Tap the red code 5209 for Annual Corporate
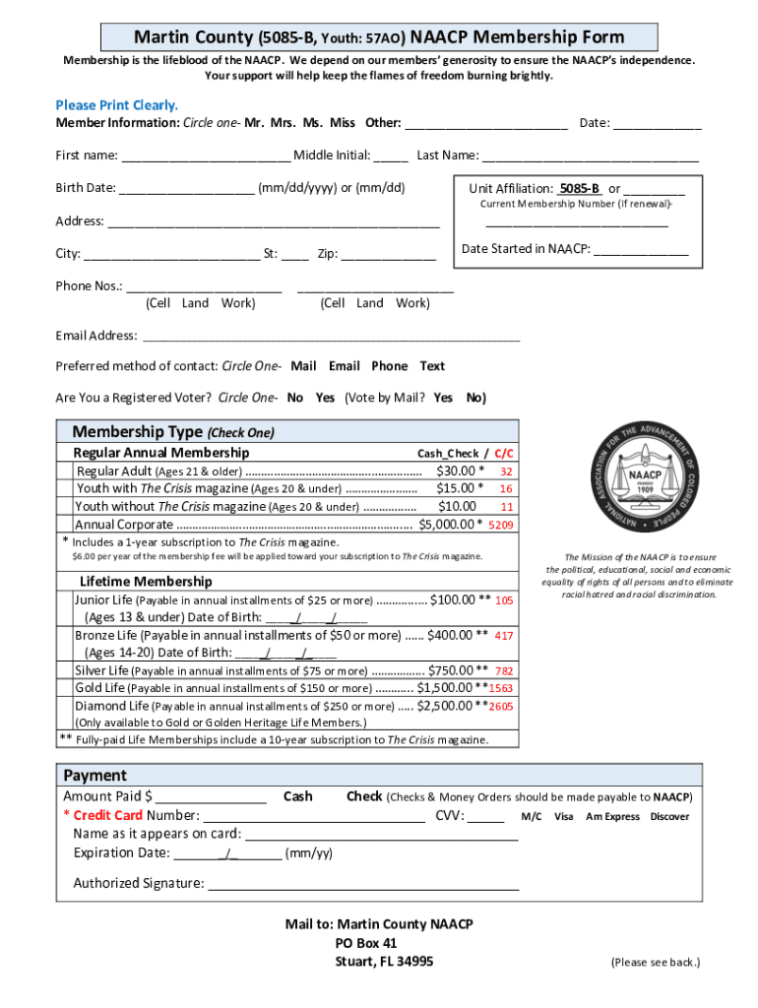point(501,525)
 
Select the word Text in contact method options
point(432,366)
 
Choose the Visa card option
point(564,817)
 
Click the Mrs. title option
point(284,123)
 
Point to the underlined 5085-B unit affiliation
point(580,189)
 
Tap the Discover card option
point(669,817)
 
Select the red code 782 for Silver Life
point(504,671)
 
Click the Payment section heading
point(95,776)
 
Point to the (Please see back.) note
point(655,963)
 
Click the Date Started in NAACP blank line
point(641,251)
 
